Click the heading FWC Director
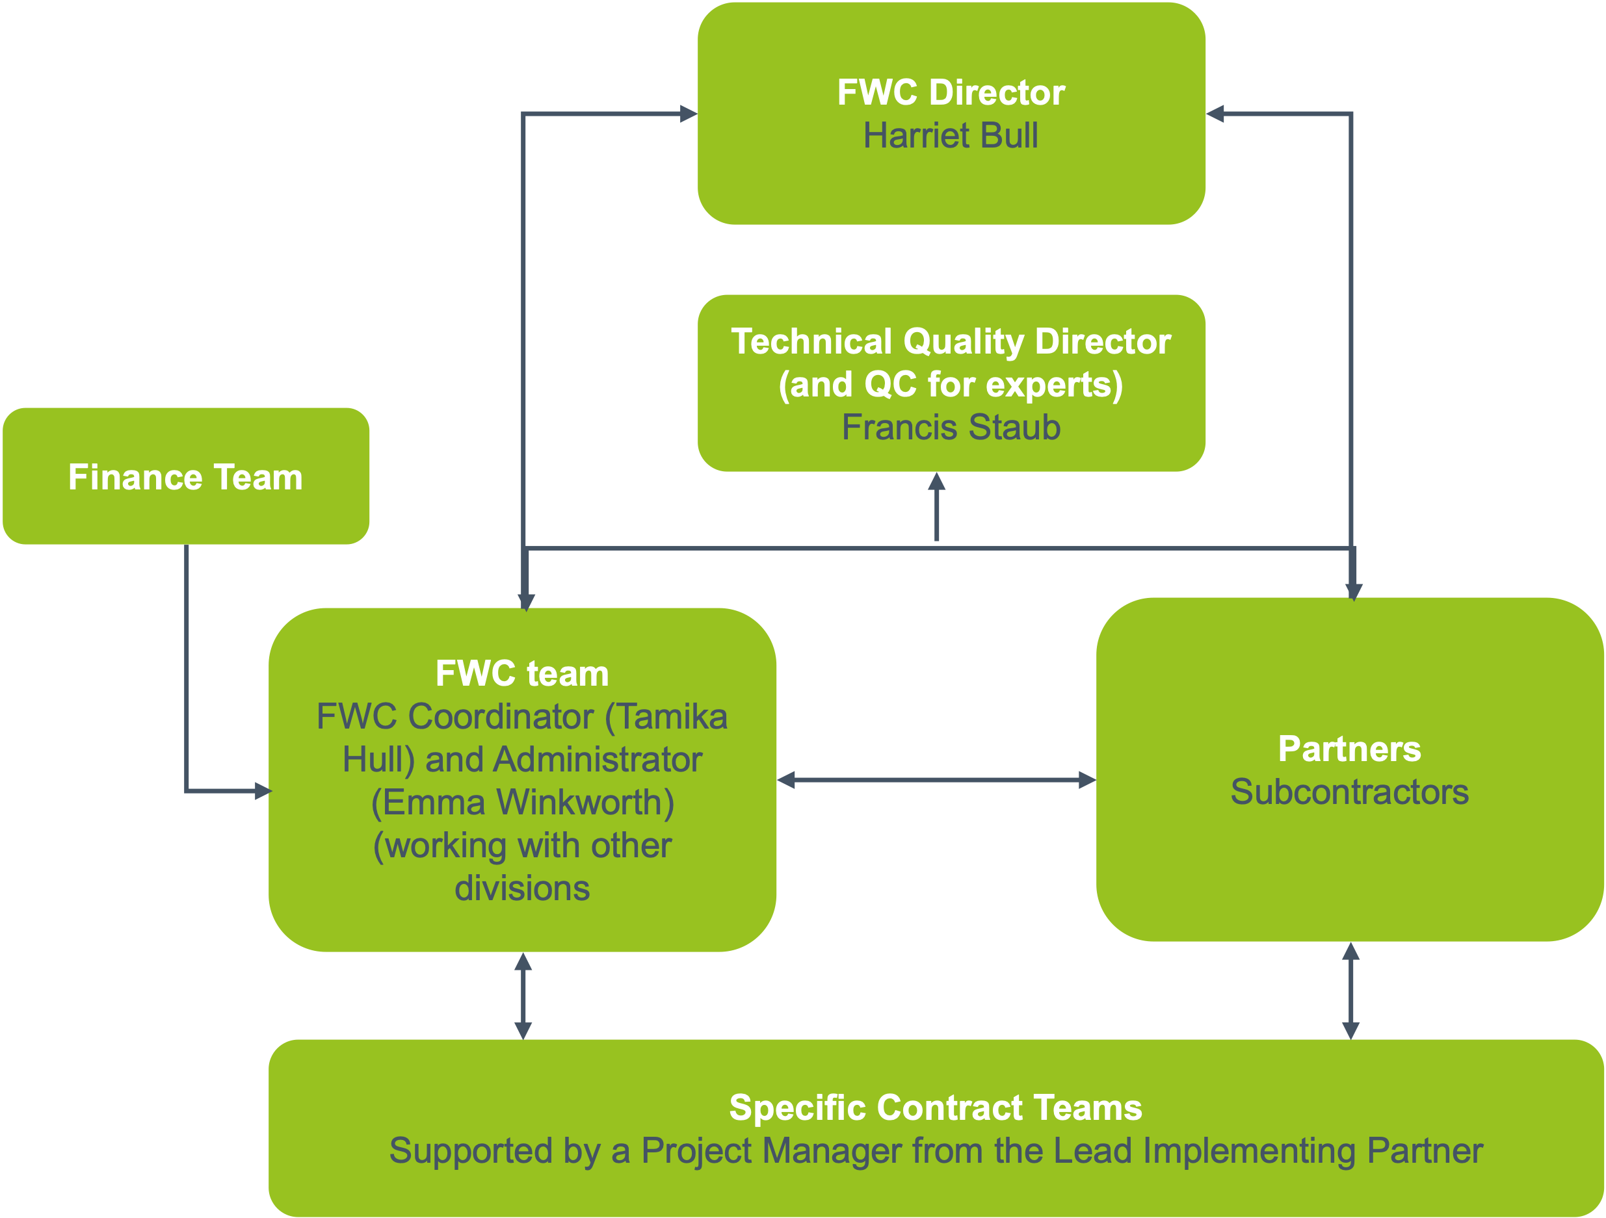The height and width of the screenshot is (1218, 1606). [951, 93]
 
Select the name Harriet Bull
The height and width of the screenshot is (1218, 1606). [951, 136]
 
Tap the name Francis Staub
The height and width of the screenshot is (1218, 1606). [951, 428]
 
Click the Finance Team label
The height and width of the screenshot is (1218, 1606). [186, 478]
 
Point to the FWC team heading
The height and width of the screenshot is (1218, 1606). [522, 673]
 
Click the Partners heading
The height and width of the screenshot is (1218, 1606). [1350, 749]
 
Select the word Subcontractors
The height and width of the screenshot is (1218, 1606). [1350, 792]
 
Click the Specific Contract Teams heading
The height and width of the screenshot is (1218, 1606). [936, 1108]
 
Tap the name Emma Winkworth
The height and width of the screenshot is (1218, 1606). [523, 803]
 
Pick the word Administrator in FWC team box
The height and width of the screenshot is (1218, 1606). [598, 760]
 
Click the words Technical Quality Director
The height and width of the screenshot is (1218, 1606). [951, 341]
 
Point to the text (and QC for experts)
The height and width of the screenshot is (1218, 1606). [951, 385]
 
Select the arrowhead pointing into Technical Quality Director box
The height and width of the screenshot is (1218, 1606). [936, 482]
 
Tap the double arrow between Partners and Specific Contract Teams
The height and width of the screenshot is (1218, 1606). [1350, 991]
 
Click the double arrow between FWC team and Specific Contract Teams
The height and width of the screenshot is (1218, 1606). [523, 996]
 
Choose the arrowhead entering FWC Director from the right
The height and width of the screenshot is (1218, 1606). [1216, 114]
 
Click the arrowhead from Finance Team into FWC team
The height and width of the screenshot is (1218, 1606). [263, 791]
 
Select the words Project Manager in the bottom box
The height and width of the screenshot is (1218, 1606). [770, 1151]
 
